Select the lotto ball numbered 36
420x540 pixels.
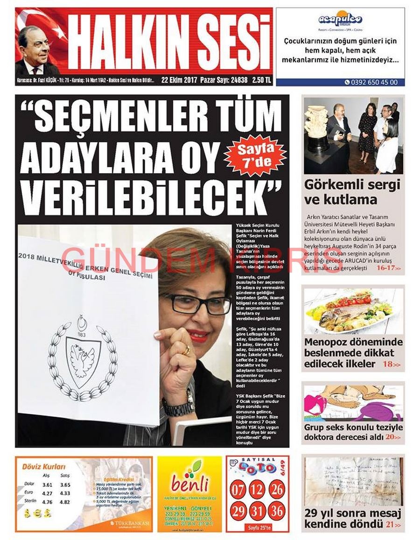coord(277,511)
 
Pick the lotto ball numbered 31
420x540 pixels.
coord(258,511)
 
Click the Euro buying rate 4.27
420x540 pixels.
coord(47,493)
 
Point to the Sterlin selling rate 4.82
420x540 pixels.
coord(65,502)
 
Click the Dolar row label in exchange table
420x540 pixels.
coord(29,484)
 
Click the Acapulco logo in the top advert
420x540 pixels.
coord(340,19)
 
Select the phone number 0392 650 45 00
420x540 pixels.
coord(374,82)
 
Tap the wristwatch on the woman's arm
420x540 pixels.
coord(178,407)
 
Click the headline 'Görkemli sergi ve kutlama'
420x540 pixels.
coord(352,192)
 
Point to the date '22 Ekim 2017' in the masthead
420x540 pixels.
coord(179,80)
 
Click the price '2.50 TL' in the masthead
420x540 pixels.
coord(261,80)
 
